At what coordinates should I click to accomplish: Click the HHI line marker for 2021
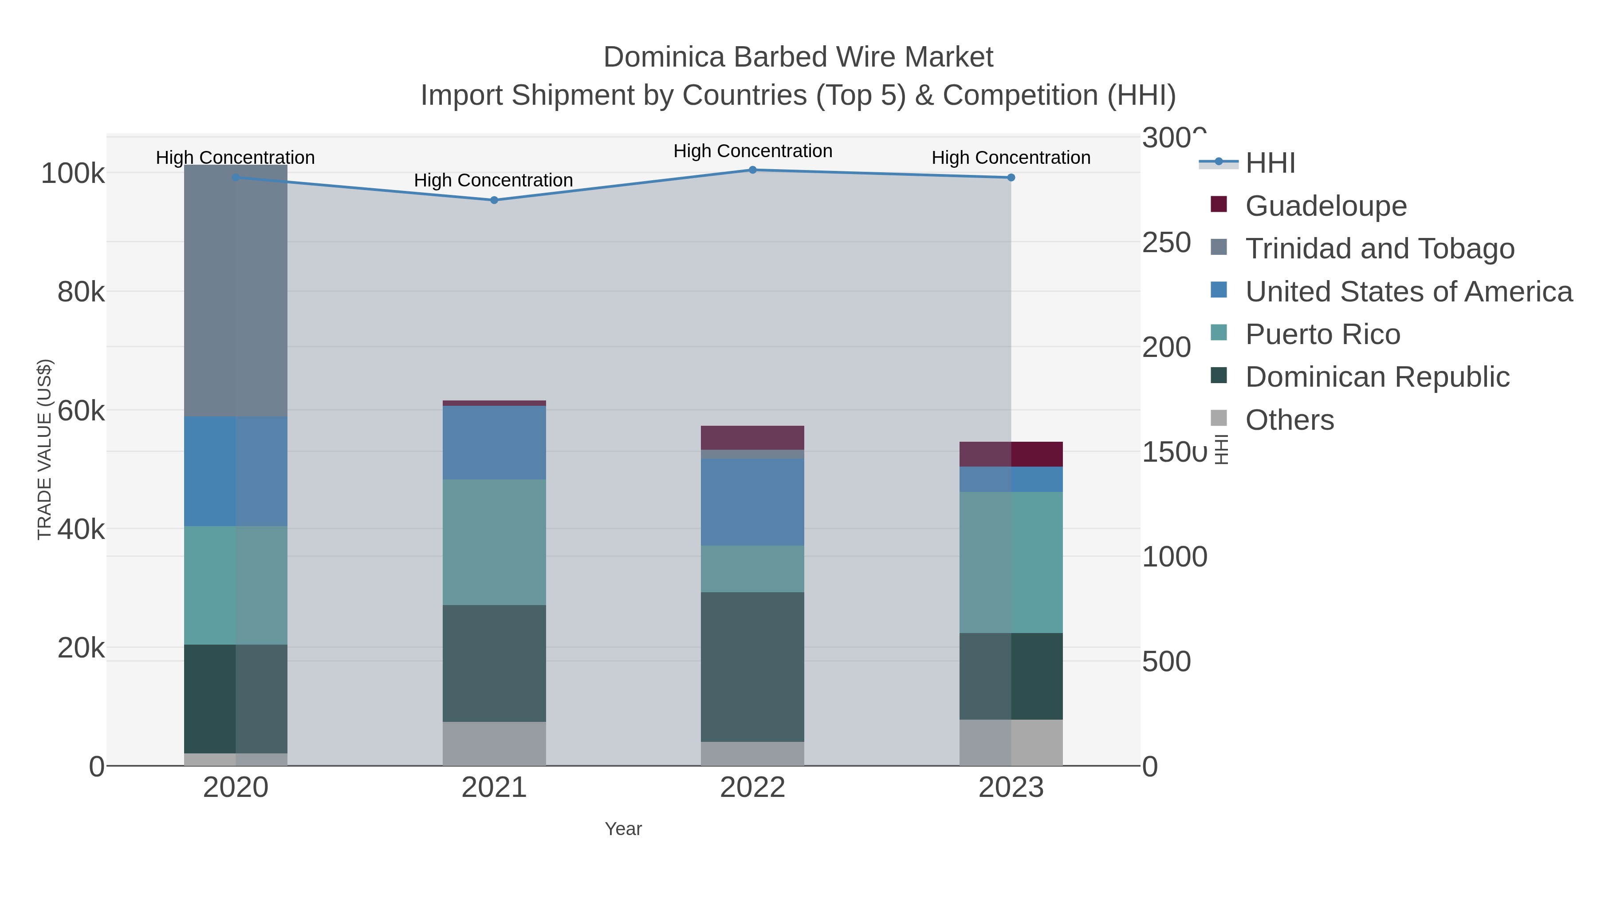click(494, 200)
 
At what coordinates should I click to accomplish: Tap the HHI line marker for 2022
click(753, 170)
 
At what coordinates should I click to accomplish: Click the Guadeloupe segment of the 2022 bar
click(753, 437)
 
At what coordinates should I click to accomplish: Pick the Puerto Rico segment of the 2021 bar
click(494, 542)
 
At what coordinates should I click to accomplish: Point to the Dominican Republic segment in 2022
click(753, 666)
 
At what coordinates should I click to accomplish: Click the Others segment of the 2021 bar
click(494, 743)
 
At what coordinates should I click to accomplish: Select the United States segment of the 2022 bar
click(753, 502)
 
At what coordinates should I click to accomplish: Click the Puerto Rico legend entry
click(1322, 334)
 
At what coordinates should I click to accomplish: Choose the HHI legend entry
click(1270, 162)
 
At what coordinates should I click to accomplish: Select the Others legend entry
click(1290, 420)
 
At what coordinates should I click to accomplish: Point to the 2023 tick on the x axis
click(1011, 787)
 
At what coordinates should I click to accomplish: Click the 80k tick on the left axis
click(81, 292)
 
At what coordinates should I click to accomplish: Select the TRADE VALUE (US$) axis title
click(45, 449)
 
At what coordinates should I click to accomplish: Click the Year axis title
click(623, 828)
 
